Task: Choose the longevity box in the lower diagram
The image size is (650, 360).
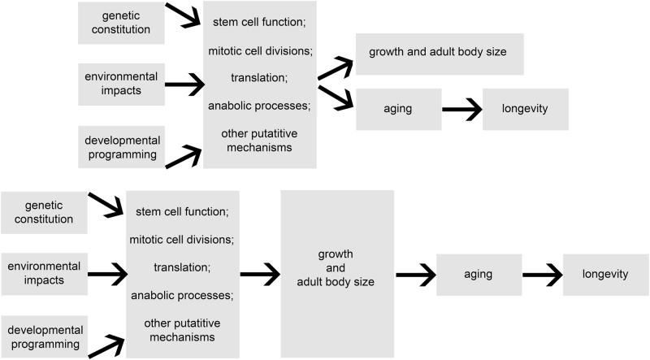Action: (605, 274)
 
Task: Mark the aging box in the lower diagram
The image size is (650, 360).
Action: (479, 274)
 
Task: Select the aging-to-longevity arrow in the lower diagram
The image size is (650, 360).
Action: (541, 274)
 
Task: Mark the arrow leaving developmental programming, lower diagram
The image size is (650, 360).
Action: (106, 345)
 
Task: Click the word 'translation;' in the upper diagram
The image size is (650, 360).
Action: (260, 79)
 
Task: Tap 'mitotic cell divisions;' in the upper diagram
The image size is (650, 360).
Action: (260, 51)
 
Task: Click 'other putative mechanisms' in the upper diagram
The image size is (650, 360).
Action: (260, 140)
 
